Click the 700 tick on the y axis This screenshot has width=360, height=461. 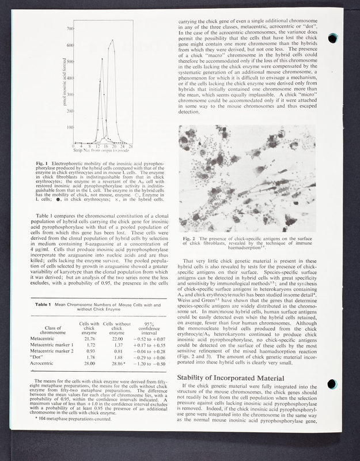coord(70,28)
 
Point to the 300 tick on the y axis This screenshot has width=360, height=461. coord(70,94)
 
